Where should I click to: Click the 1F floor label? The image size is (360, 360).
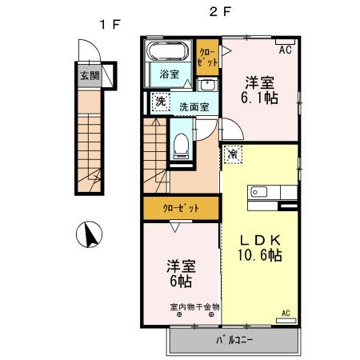tap(110, 24)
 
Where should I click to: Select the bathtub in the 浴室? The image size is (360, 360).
tap(167, 54)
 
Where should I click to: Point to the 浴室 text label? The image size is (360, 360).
tap(169, 75)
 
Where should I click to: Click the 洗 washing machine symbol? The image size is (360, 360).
tap(160, 102)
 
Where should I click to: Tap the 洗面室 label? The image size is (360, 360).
tap(193, 106)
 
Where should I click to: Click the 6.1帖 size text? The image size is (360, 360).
tap(261, 98)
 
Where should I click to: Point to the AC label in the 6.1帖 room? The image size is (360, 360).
tap(283, 50)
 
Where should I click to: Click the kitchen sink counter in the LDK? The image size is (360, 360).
tap(273, 192)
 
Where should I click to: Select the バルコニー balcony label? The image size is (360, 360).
tap(234, 341)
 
